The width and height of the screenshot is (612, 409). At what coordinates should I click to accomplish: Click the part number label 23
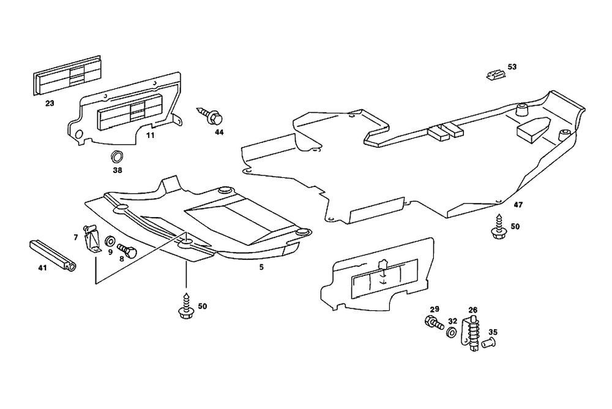(x=50, y=104)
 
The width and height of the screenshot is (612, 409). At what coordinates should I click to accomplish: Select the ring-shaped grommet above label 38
(x=116, y=155)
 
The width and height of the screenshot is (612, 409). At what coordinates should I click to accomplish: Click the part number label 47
(x=518, y=204)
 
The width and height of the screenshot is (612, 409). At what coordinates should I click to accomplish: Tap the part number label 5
(x=261, y=268)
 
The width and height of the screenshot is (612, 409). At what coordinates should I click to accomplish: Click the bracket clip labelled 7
(x=92, y=239)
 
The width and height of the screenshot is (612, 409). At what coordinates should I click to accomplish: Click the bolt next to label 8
(x=127, y=250)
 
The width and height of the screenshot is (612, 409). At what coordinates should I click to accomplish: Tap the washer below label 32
(x=451, y=332)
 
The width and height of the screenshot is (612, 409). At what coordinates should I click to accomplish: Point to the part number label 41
(x=42, y=267)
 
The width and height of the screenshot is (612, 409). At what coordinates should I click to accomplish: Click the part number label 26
(x=472, y=310)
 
